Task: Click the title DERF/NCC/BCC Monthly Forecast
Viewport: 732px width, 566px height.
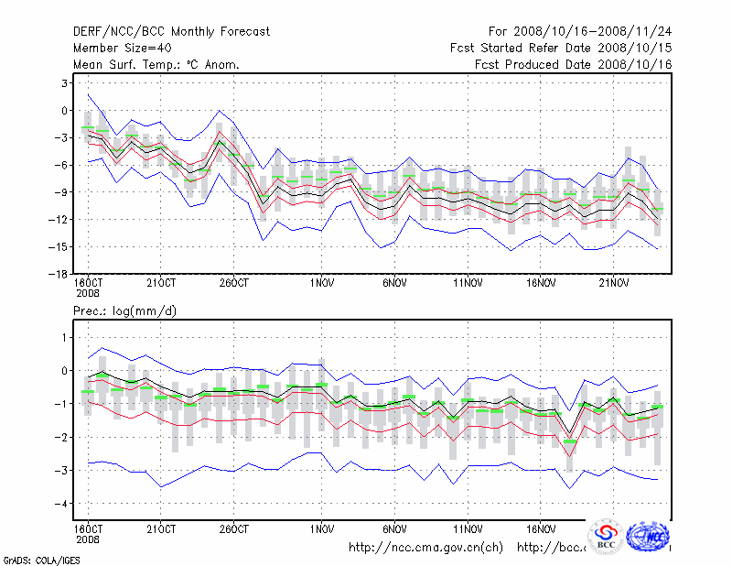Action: click(171, 32)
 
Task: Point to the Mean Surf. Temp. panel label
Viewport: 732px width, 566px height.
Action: click(156, 65)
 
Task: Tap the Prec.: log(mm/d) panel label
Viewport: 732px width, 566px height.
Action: click(125, 311)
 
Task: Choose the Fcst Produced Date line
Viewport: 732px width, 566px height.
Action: click(574, 65)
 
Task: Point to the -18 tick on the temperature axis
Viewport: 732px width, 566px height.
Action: click(56, 274)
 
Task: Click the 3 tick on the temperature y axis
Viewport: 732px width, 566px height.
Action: click(63, 83)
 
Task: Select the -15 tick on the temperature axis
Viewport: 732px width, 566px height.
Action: click(56, 246)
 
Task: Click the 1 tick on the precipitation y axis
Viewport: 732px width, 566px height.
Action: click(63, 338)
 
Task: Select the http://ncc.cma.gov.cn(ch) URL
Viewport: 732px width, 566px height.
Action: click(426, 548)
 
